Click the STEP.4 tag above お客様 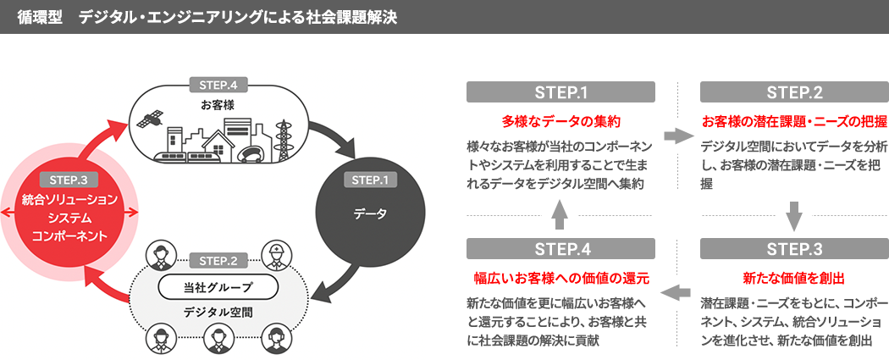click(218, 85)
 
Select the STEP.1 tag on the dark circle click(368, 180)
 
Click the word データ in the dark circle click(369, 213)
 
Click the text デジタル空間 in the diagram click(218, 312)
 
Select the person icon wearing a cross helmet click(275, 253)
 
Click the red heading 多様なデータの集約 click(561, 119)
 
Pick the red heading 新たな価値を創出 click(793, 277)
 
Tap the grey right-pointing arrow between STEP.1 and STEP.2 click(678, 136)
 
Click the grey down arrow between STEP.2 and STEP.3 click(793, 216)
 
